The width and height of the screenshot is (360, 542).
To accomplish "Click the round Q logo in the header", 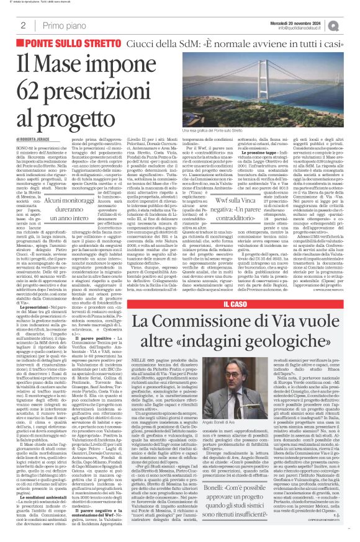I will click(351, 25).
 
